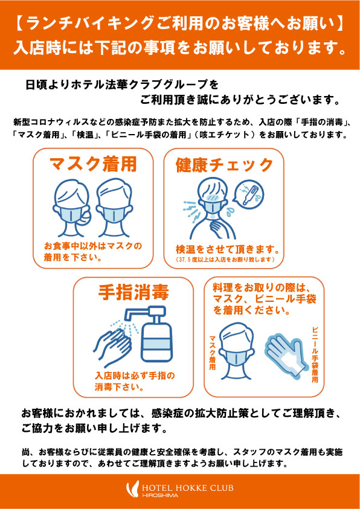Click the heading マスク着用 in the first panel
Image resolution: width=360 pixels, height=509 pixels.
click(x=93, y=164)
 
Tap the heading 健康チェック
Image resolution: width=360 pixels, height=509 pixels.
click(x=224, y=165)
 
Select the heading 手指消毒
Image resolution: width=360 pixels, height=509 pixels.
click(x=133, y=293)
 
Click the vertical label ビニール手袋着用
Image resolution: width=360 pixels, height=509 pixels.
click(x=314, y=354)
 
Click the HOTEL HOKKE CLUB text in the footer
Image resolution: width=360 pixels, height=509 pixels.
click(x=188, y=488)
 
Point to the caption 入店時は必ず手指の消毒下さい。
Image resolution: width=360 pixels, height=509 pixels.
click(x=133, y=382)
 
